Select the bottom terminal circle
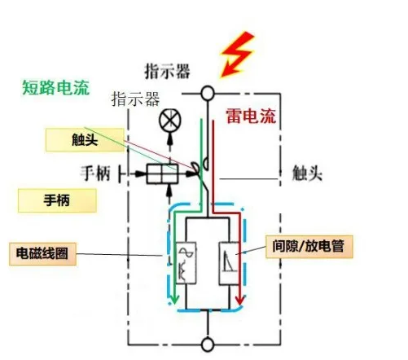click(208, 344)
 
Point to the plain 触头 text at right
click(309, 173)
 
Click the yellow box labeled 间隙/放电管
click(311, 247)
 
